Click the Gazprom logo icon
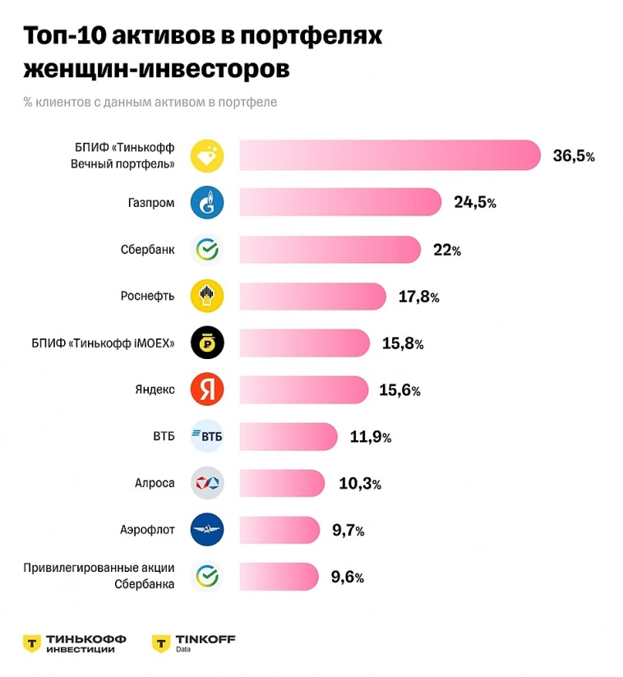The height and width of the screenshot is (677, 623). click(207, 202)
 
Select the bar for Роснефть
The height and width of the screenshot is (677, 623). click(312, 297)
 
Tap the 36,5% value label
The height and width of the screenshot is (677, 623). click(573, 156)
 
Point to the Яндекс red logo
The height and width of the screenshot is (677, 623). click(207, 389)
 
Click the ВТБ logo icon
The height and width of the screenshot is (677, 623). click(207, 436)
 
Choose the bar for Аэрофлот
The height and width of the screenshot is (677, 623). click(279, 530)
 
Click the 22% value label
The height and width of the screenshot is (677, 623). click(446, 250)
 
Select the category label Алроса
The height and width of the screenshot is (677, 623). click(155, 483)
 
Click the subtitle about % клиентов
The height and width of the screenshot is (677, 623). click(150, 103)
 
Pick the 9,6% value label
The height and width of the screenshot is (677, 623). click(347, 577)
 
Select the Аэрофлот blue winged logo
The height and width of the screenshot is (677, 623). click(207, 530)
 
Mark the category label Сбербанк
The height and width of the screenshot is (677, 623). click(147, 249)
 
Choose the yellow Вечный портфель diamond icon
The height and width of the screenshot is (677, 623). click(207, 155)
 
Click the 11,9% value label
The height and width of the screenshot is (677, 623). click(370, 437)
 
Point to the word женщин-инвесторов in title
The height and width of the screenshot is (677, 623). click(156, 69)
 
